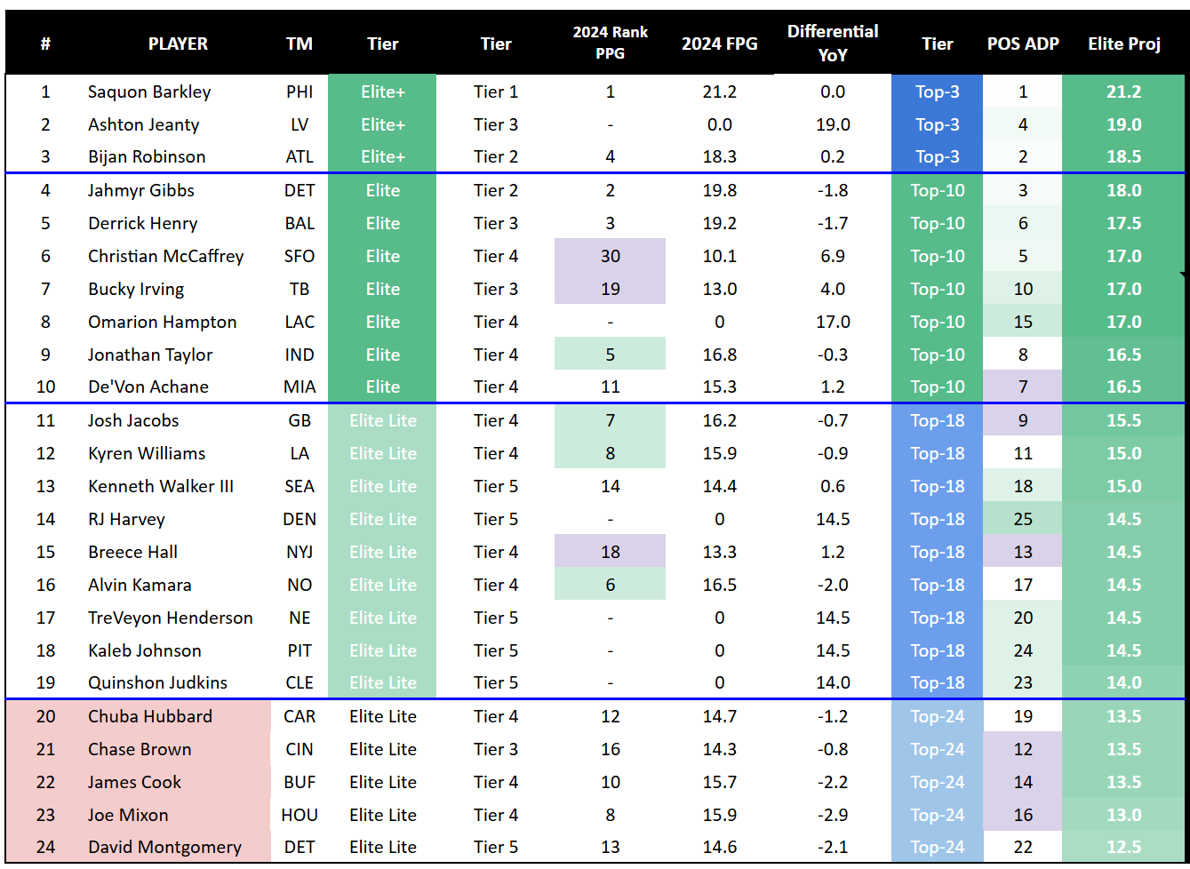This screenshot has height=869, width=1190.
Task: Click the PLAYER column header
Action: coord(178,44)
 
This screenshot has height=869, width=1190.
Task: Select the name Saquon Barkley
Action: coord(149,92)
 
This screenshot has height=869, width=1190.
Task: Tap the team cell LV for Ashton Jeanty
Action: coord(299,124)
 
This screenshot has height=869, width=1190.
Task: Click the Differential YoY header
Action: coord(833,43)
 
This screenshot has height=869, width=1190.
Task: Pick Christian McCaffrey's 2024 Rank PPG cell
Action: coord(610,256)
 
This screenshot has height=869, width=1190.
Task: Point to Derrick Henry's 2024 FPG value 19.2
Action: coord(719,223)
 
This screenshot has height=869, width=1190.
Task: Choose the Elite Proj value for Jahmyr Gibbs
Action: coord(1123,190)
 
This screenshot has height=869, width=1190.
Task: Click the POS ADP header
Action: coord(1023,44)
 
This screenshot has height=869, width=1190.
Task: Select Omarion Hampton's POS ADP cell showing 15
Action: coord(1023,322)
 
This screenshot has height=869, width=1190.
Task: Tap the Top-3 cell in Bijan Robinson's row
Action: coord(937,156)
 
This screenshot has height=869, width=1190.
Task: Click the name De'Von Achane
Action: coord(148,387)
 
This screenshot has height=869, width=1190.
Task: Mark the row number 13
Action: coord(45,486)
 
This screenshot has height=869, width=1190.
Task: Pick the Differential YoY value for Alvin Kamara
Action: coord(833,585)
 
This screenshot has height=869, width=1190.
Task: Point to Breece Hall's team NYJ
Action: coord(299,552)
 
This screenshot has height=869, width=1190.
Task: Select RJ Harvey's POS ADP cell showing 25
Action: coord(1023,519)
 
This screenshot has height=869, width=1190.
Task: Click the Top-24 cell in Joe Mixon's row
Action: coord(937,815)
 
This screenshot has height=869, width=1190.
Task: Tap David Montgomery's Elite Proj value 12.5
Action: coord(1123,847)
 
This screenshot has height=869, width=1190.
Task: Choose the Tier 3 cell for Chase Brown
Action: coord(495,749)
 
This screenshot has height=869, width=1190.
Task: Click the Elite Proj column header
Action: coord(1123,44)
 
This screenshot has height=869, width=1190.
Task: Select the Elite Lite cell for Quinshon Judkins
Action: coord(382,682)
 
